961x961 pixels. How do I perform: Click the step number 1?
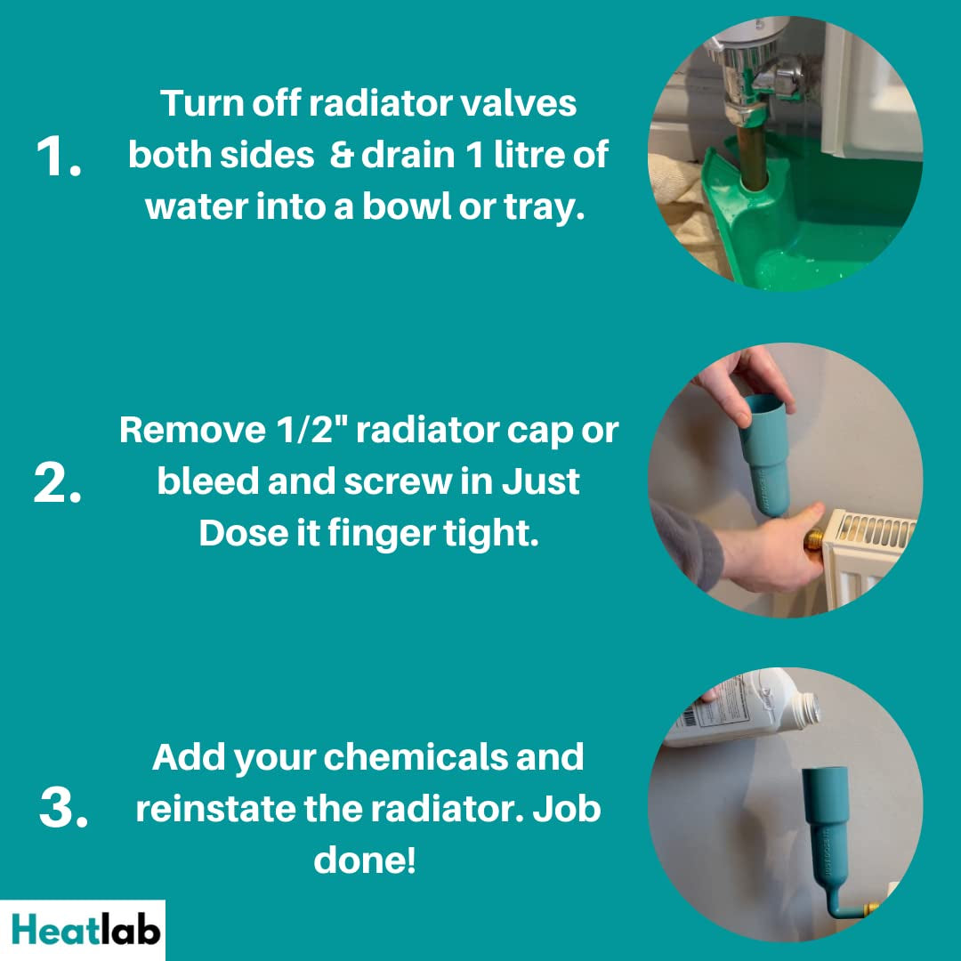(x=58, y=157)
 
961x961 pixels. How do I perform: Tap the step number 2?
(x=58, y=483)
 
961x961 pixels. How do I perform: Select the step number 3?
(x=64, y=807)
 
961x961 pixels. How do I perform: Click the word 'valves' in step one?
(x=518, y=103)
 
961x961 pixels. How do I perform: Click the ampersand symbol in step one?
(x=342, y=155)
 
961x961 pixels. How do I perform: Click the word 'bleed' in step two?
(x=207, y=481)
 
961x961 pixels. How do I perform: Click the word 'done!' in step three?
(x=365, y=860)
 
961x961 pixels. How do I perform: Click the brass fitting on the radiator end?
(x=813, y=539)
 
